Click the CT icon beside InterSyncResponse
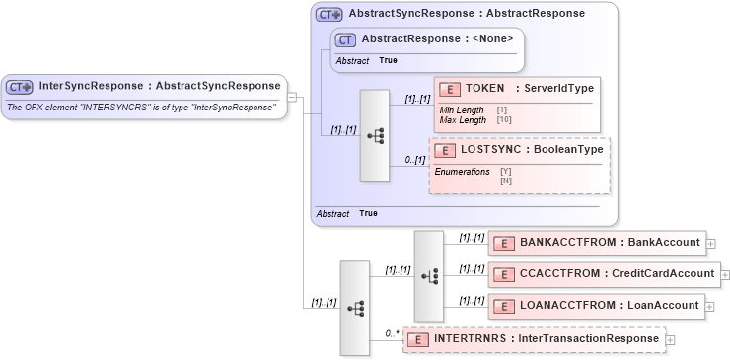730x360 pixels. click(21, 87)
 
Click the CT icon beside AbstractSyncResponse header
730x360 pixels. click(329, 14)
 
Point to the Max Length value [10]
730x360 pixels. click(503, 120)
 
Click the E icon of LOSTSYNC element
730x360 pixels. click(445, 151)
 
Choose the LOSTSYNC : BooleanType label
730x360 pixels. click(532, 151)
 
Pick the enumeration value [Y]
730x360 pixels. click(505, 172)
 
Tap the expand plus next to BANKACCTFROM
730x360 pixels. click(711, 243)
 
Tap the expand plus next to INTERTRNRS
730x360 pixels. click(671, 340)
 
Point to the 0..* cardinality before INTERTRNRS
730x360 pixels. click(392, 334)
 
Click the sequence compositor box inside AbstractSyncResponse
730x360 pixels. click(376, 136)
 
